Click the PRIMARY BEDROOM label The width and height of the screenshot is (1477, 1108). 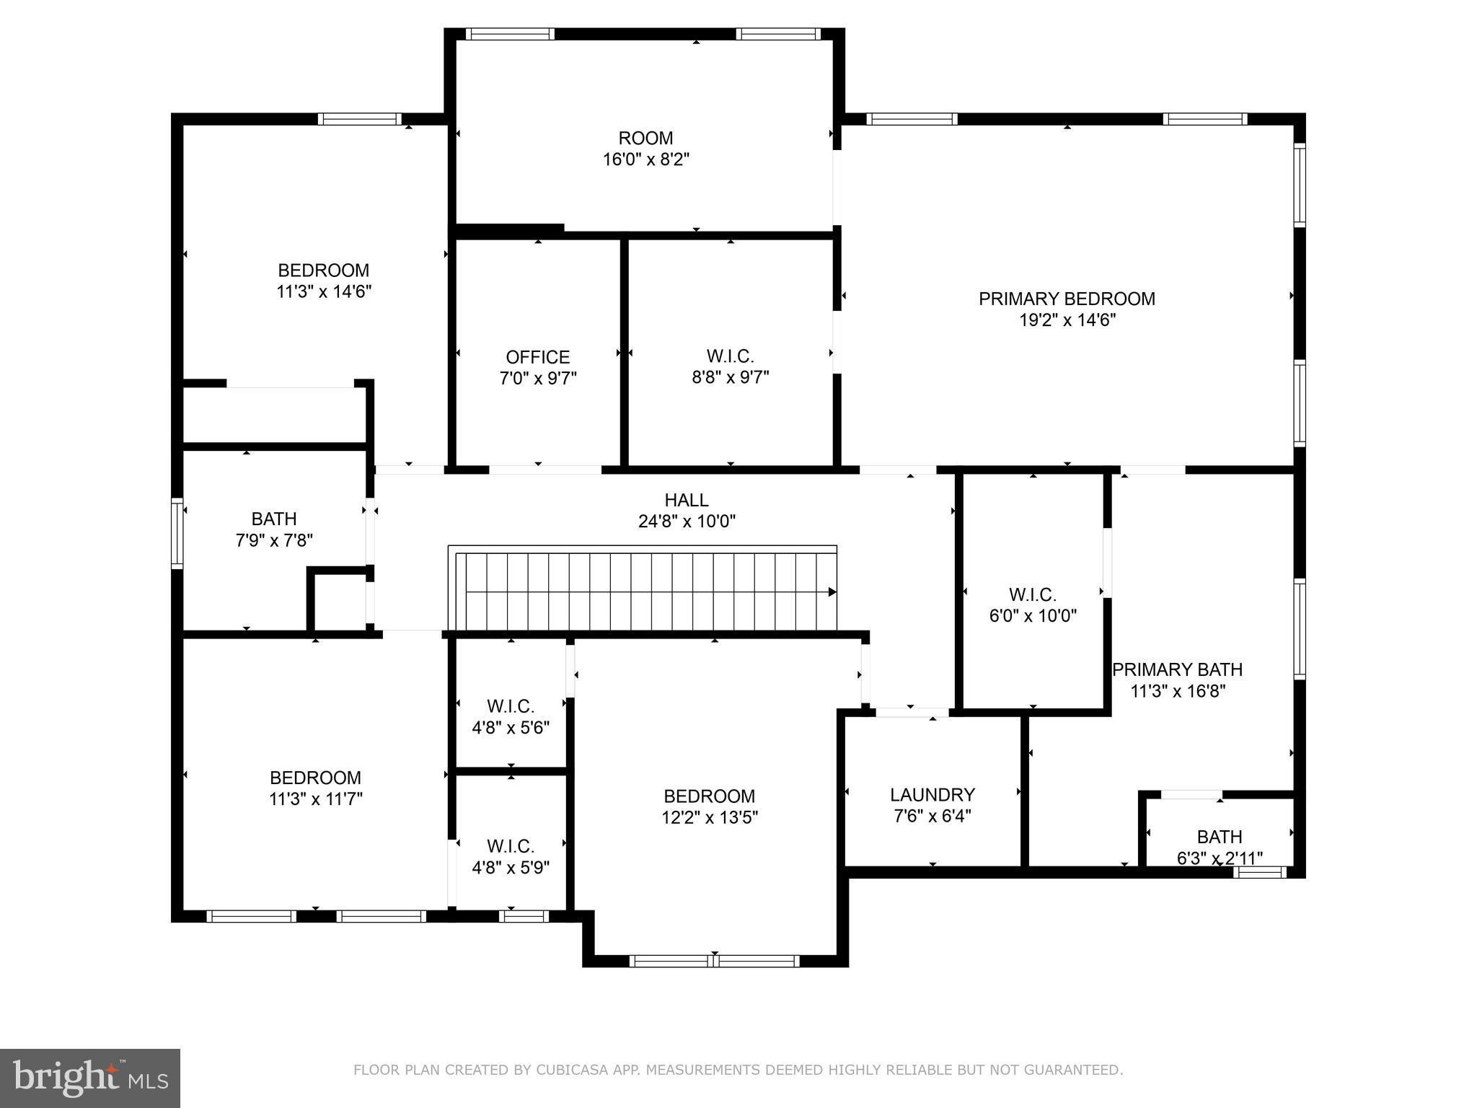(1067, 299)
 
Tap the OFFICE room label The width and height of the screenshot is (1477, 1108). (537, 357)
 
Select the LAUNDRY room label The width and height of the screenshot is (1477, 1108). (932, 795)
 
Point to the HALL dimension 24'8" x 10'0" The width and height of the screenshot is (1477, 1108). (687, 522)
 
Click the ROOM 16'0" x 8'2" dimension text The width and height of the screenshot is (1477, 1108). (646, 159)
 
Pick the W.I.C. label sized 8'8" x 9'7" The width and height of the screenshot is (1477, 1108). (730, 356)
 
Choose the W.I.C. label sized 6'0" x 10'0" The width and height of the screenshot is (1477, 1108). (1032, 595)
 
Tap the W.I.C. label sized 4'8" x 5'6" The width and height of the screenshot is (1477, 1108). (510, 706)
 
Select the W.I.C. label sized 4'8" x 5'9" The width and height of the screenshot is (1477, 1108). (510, 846)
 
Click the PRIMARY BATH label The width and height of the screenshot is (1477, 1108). (1177, 670)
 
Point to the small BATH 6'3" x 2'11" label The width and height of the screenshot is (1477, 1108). (1219, 837)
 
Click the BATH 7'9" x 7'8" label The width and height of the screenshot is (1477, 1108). (274, 519)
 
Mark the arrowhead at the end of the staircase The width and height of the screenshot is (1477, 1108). (832, 592)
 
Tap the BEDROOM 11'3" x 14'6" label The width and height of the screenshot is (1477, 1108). (323, 271)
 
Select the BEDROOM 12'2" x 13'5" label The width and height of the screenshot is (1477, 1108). (709, 796)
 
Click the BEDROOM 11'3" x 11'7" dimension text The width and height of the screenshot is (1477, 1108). (315, 799)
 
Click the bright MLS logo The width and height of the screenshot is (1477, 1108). (90, 1078)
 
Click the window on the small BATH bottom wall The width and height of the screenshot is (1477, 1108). (1259, 872)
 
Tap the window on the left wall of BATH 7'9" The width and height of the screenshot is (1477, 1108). (177, 533)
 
